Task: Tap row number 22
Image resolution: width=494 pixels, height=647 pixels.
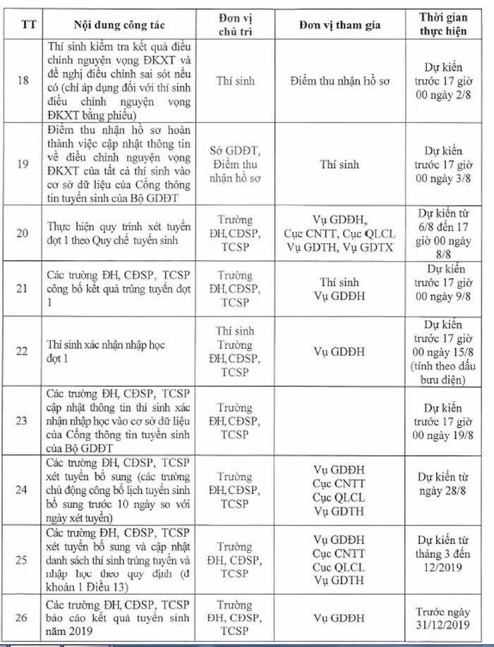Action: pos(22,350)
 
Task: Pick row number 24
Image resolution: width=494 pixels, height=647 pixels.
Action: pos(22,490)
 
